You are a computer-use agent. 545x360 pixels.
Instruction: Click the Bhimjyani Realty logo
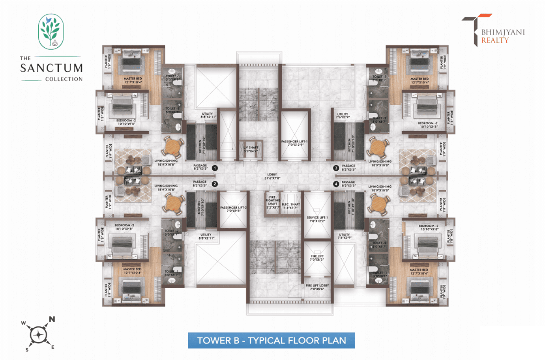tap(493, 31)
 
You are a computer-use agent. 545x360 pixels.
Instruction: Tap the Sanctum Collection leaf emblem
tap(51, 32)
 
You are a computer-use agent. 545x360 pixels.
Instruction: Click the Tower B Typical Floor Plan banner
tap(271, 340)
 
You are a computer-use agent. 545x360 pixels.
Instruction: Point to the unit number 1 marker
tap(215, 168)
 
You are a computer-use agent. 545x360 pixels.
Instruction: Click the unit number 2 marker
tap(215, 184)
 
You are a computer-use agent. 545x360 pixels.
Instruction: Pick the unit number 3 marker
tap(336, 168)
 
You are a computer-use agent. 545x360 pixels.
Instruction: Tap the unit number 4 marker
tap(336, 184)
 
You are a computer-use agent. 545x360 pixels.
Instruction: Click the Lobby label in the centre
tap(272, 176)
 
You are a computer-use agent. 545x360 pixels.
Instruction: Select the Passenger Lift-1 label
tap(294, 143)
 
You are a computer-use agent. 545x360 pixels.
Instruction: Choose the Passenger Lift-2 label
tap(233, 209)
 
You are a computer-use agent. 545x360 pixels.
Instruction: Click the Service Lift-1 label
tap(317, 219)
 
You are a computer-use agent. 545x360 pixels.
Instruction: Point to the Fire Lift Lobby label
tap(317, 287)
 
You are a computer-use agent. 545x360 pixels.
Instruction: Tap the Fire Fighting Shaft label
tap(272, 202)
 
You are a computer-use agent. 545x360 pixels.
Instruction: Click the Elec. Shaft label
tap(291, 206)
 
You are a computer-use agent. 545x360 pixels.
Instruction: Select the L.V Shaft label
tap(251, 149)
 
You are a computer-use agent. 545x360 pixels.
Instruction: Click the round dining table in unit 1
tap(172, 147)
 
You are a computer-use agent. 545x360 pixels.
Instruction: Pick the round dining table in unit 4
tap(378, 204)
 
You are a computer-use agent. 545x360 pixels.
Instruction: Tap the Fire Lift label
tap(317, 258)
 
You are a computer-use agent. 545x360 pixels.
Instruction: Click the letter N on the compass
tap(52, 319)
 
